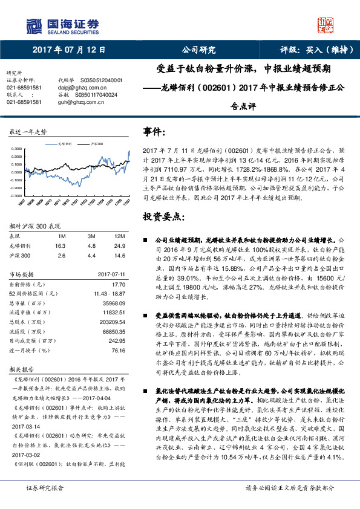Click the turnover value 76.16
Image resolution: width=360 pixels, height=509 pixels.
[119, 350]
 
